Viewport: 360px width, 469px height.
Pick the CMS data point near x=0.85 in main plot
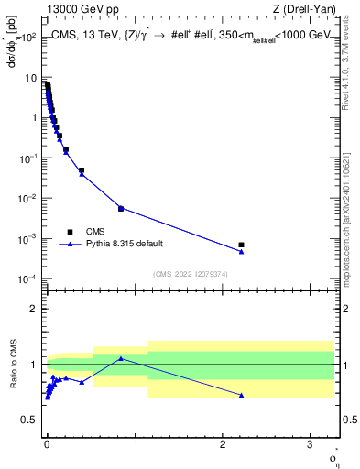pyautogui.click(x=121, y=208)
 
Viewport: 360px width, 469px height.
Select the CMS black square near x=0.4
pyautogui.click(x=82, y=170)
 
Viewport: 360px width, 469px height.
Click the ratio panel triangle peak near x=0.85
pyautogui.click(x=121, y=358)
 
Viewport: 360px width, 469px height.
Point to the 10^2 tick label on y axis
pyautogui.click(x=27, y=38)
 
